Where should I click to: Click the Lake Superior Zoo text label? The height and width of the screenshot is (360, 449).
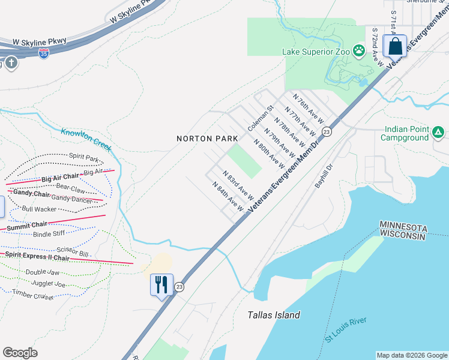(x=316, y=52)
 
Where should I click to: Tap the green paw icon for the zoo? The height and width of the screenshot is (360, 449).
(x=359, y=50)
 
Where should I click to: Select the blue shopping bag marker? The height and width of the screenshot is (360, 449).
(x=396, y=46)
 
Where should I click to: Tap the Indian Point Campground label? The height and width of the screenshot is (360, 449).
(x=406, y=133)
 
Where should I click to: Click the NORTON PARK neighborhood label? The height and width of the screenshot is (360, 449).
(x=204, y=139)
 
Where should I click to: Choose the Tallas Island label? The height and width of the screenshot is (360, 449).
(x=274, y=315)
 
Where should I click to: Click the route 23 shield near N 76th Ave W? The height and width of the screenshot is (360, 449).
(x=327, y=131)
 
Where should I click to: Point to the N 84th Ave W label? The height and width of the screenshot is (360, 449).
(x=228, y=196)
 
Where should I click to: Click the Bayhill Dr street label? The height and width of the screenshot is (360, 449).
(x=324, y=176)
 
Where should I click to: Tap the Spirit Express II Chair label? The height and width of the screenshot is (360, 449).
(x=37, y=256)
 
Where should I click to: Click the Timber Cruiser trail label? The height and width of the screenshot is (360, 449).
(x=32, y=295)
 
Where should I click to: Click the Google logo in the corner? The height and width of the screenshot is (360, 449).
(x=20, y=353)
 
